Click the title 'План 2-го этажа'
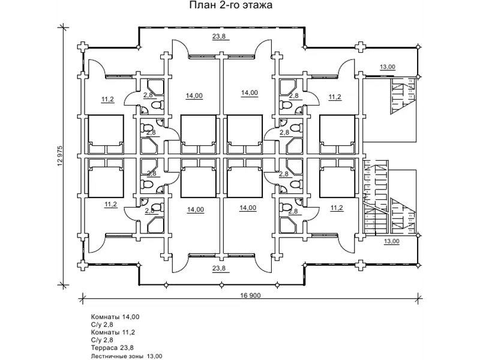(x=231, y=5)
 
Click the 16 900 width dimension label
(x=250, y=295)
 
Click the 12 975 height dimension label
(x=59, y=156)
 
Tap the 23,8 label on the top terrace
(x=219, y=37)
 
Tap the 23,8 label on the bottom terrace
(x=219, y=268)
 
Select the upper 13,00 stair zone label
(x=388, y=67)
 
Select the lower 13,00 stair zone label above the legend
(x=392, y=241)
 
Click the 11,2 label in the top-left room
(x=108, y=99)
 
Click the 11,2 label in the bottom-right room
(x=337, y=208)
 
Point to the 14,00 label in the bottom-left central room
(x=196, y=209)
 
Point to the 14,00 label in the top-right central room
(x=250, y=92)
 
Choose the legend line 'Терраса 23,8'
(x=112, y=348)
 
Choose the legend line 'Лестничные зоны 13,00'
(x=127, y=356)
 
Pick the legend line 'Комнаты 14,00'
(x=115, y=317)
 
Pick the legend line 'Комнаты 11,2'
(x=113, y=332)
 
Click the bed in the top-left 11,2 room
(x=106, y=134)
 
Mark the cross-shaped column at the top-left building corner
(x=83, y=47)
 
